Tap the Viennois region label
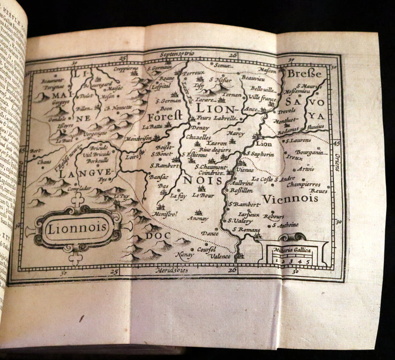click(289, 199)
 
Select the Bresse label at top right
click(304, 74)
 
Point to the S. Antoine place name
click(285, 225)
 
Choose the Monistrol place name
click(165, 216)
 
